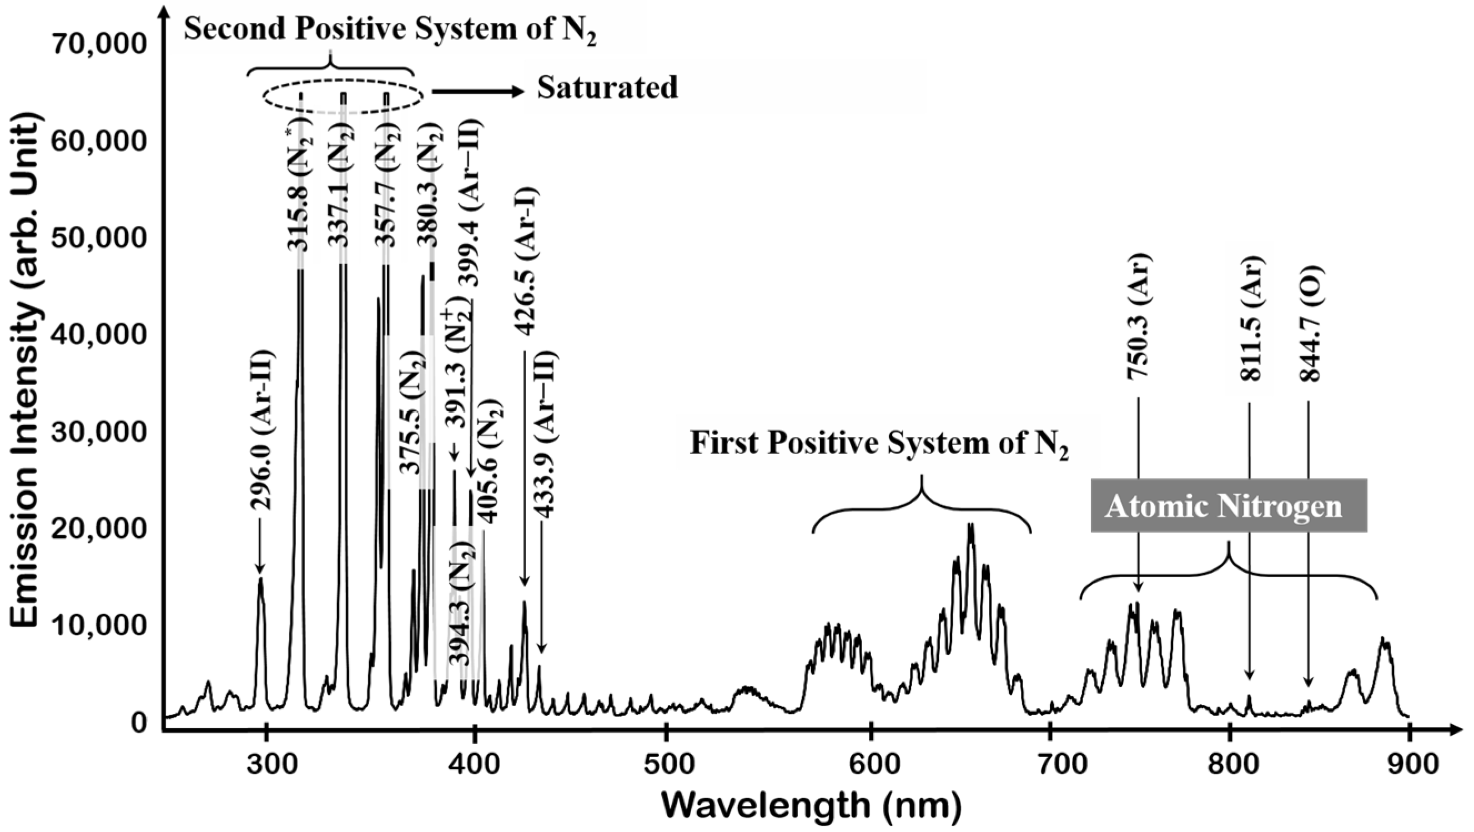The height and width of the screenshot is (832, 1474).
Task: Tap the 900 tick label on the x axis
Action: coord(1408,765)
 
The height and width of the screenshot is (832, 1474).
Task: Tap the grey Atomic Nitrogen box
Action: coord(1228,506)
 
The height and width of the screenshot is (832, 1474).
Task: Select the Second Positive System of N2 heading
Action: coord(390,29)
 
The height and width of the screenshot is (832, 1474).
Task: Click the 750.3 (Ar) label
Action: coord(1139,316)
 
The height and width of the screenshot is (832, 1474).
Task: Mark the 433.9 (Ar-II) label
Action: coord(546,435)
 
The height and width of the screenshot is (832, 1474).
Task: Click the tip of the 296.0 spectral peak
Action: coord(260,579)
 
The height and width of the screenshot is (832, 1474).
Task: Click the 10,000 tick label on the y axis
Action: coord(99,625)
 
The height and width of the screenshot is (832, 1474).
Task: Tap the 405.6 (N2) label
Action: coord(490,462)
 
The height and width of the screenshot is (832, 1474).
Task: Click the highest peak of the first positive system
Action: coord(970,525)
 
